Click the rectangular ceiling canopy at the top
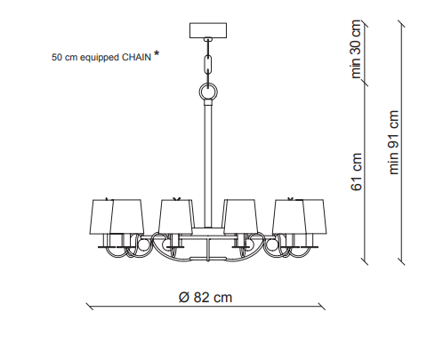pyautogui.click(x=208, y=30)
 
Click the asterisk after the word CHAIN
pyautogui.click(x=157, y=53)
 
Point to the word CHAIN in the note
pyautogui.click(x=137, y=57)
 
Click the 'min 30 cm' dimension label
pyautogui.click(x=356, y=49)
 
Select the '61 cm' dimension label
pyautogui.click(x=357, y=172)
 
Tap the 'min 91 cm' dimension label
pyautogui.click(x=394, y=142)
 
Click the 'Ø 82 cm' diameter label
pyautogui.click(x=205, y=297)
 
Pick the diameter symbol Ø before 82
pyautogui.click(x=184, y=297)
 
